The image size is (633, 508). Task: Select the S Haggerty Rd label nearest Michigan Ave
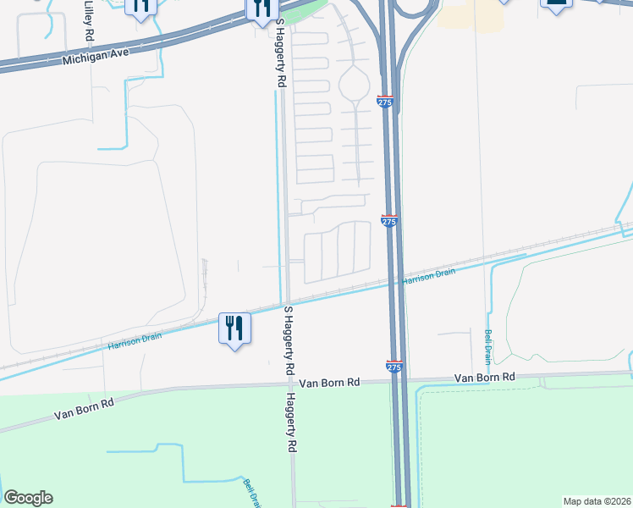coord(279,56)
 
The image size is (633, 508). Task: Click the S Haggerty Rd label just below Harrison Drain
coord(288,341)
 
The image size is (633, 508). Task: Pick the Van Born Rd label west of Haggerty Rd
coord(83,410)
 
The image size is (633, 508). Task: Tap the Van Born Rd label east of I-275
coord(484,377)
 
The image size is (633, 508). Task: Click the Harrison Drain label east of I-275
coord(428,275)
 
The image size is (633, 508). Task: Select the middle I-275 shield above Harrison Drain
coord(388,221)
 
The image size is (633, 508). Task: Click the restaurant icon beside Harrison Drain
coord(234,328)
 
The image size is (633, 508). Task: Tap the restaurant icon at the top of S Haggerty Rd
coord(261,10)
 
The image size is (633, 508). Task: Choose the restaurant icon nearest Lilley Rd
coord(140,7)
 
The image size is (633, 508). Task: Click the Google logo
coord(28,498)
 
